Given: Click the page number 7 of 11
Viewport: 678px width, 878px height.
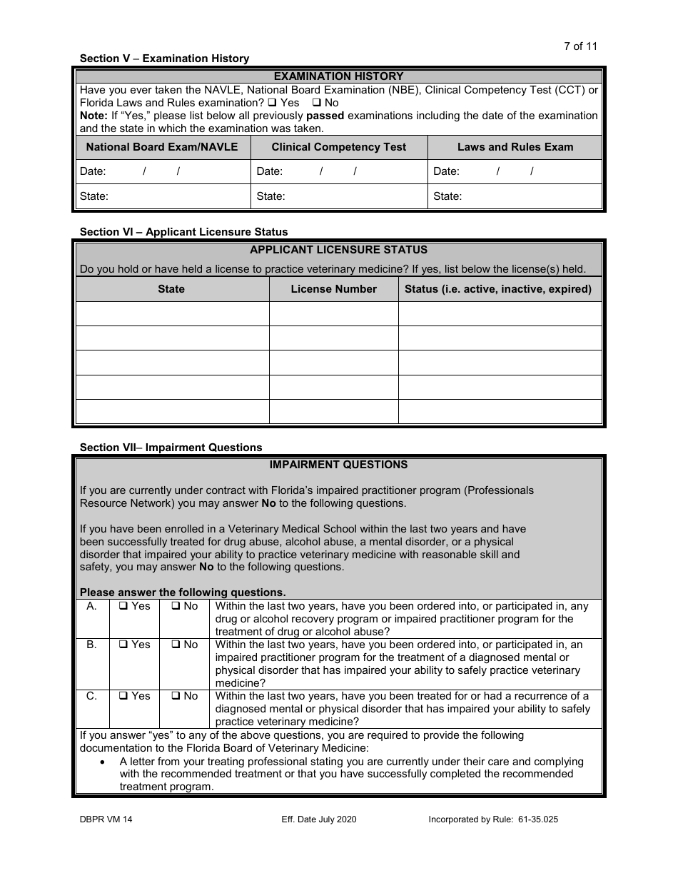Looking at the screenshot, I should click(x=580, y=46).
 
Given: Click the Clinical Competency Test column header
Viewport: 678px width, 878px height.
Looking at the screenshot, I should click(x=338, y=147).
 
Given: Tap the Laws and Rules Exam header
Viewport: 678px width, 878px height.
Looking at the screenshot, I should click(x=515, y=147).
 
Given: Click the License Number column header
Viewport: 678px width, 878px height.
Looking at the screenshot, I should click(x=333, y=289).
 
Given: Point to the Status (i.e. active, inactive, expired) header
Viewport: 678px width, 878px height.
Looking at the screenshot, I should click(x=498, y=289).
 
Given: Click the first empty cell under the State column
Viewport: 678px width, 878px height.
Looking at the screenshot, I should click(x=172, y=313).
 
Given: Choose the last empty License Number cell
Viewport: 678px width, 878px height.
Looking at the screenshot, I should click(x=333, y=411).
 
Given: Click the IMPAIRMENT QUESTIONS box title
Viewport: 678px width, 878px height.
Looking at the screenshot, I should click(x=338, y=465).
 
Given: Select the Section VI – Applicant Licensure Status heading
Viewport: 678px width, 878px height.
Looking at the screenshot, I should click(x=183, y=232).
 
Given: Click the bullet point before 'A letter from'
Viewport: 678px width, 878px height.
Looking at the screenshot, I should click(x=104, y=762).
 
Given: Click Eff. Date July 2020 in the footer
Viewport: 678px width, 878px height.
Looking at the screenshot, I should click(x=319, y=819).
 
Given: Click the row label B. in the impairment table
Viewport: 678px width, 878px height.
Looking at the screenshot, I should click(x=91, y=645).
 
